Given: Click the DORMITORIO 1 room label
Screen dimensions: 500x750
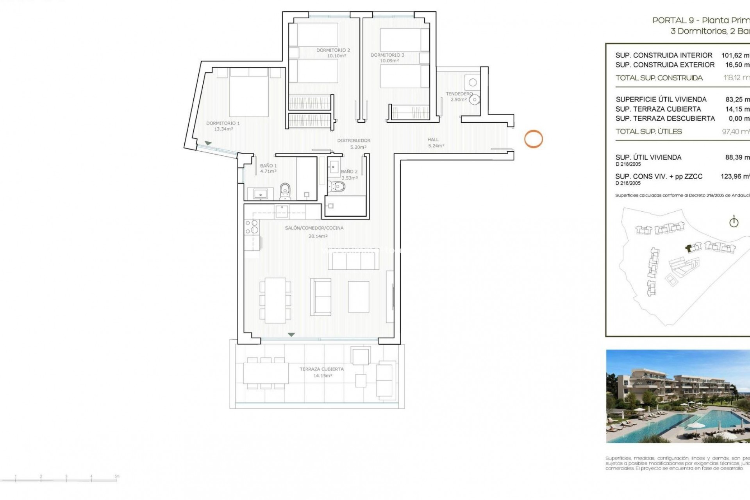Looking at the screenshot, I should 223,123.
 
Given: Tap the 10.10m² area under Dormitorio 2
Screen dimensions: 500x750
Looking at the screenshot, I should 336,56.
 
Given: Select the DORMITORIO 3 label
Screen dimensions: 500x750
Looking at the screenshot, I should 387,55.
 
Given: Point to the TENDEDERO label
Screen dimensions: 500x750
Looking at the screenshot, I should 459,94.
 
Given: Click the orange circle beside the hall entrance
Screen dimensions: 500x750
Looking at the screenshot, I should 533,139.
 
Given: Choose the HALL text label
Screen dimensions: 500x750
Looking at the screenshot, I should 433,139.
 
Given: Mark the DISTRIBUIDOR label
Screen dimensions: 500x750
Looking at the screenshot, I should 354,140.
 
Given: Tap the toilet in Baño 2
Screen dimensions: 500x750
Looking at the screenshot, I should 337,187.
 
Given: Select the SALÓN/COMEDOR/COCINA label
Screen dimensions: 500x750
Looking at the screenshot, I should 314,228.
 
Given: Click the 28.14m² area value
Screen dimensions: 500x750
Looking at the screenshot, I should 318,236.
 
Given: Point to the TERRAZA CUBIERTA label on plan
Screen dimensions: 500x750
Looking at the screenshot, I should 321,369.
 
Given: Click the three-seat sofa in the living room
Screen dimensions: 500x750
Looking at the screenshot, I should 353,260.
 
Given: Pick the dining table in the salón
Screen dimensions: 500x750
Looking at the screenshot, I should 275,300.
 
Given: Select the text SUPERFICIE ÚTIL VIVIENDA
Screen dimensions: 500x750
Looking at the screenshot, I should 661,99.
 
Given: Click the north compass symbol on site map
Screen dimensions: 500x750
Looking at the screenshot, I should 734,222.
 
